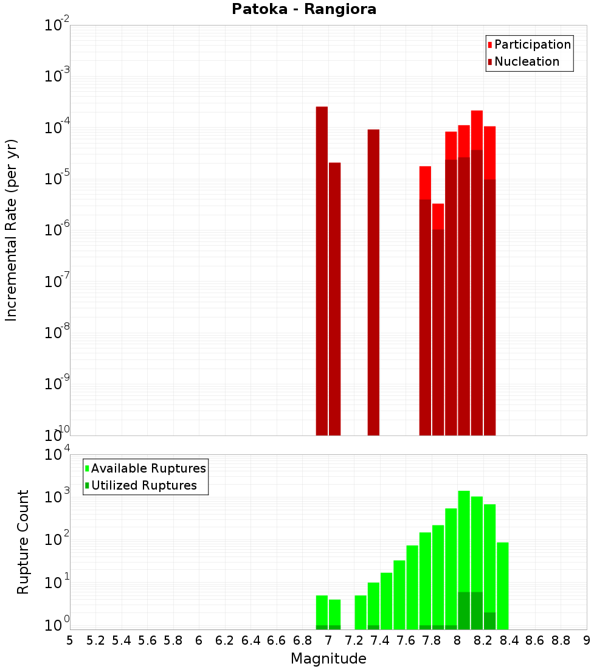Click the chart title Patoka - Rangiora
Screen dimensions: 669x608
click(x=304, y=10)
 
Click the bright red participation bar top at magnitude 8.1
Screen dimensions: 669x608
click(x=477, y=130)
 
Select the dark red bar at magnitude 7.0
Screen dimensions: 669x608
click(x=334, y=299)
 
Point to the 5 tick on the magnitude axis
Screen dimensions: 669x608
click(x=70, y=640)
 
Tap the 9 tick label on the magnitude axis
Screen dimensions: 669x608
click(x=587, y=640)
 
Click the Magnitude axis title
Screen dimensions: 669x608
click(x=328, y=659)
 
